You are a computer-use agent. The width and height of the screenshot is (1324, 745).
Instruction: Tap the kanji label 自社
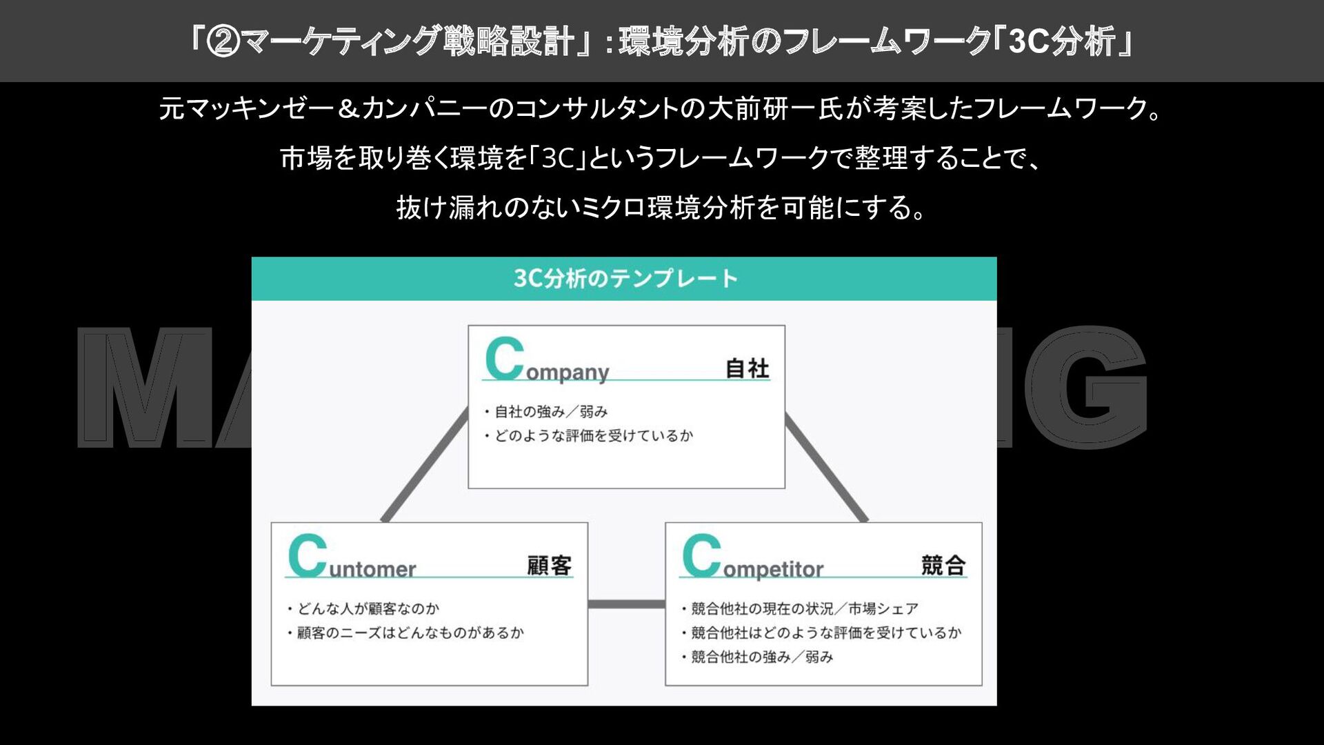click(x=747, y=368)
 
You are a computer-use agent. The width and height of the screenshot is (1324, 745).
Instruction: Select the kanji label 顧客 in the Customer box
click(x=549, y=566)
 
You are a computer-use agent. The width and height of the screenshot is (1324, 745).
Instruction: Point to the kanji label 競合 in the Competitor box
click(x=943, y=566)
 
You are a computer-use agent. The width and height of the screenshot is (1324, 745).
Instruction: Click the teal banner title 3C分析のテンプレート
click(x=625, y=279)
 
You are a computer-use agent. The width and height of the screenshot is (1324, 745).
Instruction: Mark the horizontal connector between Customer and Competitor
click(x=626, y=604)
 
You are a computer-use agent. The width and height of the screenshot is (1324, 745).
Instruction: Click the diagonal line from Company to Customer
click(x=425, y=466)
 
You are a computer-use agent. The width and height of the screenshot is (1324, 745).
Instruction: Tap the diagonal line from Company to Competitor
click(x=826, y=466)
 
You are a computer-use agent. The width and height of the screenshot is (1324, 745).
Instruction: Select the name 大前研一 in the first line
click(x=763, y=109)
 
